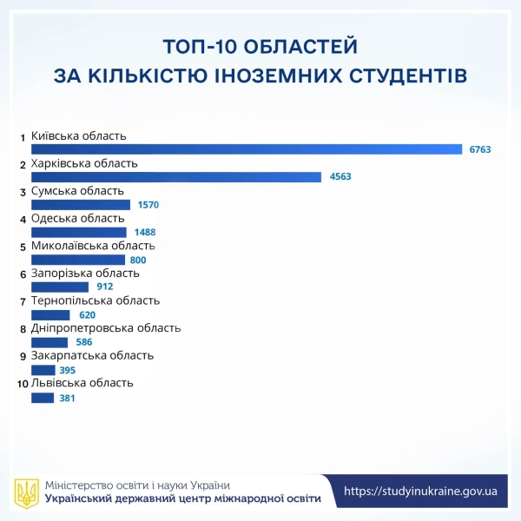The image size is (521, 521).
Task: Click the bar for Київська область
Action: pos(247,149)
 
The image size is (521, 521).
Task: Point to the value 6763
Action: pos(480,149)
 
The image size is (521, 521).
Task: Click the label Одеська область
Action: pos(78,218)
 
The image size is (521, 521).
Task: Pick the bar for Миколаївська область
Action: pos(78,260)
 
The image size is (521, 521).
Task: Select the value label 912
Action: pos(104,287)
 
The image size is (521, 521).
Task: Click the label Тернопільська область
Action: pos(96,300)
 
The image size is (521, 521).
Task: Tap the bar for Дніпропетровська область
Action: pos(49,342)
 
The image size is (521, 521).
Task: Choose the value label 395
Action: pos(68,370)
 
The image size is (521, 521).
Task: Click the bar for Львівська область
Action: pos(43,398)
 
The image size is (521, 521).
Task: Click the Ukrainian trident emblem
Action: pos(27,492)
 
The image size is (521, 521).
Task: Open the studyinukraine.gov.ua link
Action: pos(420,491)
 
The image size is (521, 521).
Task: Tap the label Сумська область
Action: pos(77,191)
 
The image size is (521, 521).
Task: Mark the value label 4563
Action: pos(340,177)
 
